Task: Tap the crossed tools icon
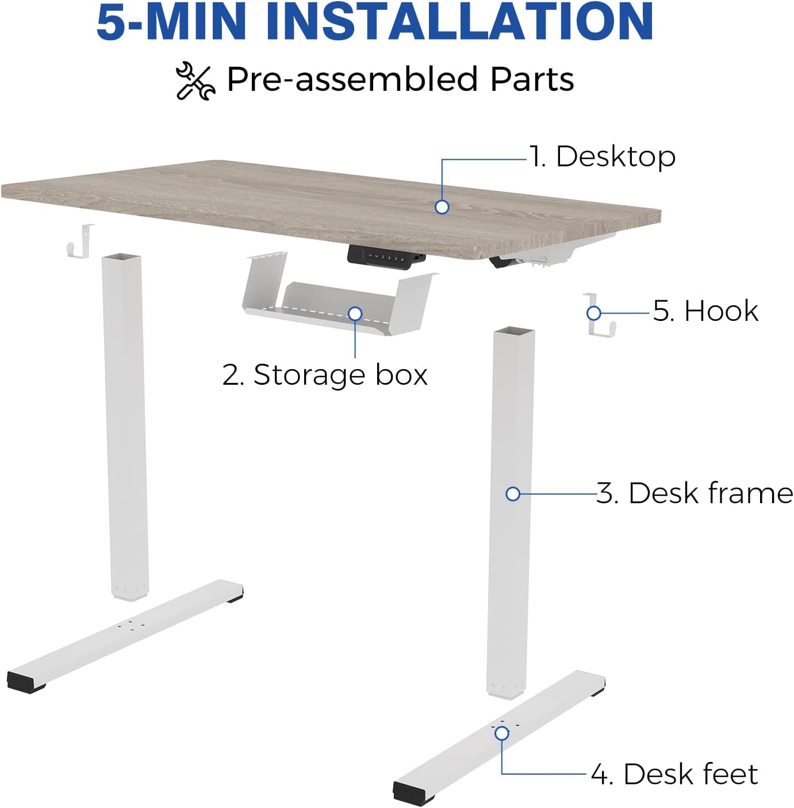[x=195, y=81]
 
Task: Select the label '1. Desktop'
[x=603, y=157]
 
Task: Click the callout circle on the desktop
[x=442, y=206]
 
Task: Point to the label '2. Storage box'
[x=325, y=374]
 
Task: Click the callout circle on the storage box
[x=355, y=313]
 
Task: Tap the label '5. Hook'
[x=705, y=311]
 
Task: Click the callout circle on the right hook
[x=593, y=313]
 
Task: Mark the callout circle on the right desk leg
[x=513, y=494]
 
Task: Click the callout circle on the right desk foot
[x=502, y=734]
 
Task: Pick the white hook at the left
[x=80, y=241]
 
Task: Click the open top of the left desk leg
[x=121, y=256]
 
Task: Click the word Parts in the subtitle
[x=532, y=79]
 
